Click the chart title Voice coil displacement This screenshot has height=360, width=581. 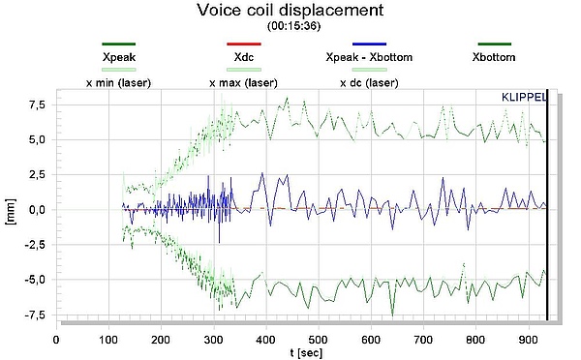pos(291,11)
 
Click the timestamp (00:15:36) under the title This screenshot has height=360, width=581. pos(290,27)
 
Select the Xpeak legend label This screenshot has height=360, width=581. pos(117,57)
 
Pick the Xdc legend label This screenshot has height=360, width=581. pos(242,57)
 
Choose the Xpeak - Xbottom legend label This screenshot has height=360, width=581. pos(369,57)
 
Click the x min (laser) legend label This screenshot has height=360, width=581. pos(118,83)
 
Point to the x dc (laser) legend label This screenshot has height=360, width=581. pos(369,83)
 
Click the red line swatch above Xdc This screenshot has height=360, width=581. pos(242,45)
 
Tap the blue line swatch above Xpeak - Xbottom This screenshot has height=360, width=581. pos(369,45)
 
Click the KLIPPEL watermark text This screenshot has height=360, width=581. pos(523,98)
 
